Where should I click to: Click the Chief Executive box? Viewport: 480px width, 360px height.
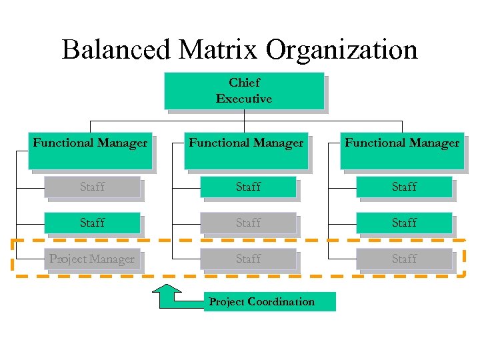(x=244, y=91)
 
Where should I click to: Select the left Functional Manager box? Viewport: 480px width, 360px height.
(x=90, y=150)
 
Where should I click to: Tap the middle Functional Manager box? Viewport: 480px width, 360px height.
(x=246, y=150)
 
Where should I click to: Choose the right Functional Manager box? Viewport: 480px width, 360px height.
(x=402, y=150)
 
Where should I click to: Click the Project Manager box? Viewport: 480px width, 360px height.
(x=92, y=259)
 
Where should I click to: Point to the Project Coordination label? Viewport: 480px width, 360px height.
(x=262, y=301)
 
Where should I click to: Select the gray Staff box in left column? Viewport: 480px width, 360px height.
(x=92, y=187)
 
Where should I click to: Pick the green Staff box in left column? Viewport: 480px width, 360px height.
(x=92, y=223)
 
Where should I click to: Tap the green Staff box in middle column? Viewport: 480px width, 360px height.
(x=248, y=187)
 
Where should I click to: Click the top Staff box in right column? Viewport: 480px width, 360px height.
(x=404, y=187)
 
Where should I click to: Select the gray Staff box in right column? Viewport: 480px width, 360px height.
(x=404, y=259)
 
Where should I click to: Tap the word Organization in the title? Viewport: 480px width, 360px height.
(x=341, y=51)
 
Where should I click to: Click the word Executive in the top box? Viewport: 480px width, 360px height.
(x=244, y=99)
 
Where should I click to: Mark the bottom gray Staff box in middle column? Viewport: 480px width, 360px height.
(x=248, y=259)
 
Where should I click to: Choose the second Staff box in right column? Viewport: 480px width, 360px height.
(x=404, y=223)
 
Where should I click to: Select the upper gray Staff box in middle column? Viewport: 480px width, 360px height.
(x=248, y=223)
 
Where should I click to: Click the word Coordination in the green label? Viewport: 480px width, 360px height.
(x=281, y=301)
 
